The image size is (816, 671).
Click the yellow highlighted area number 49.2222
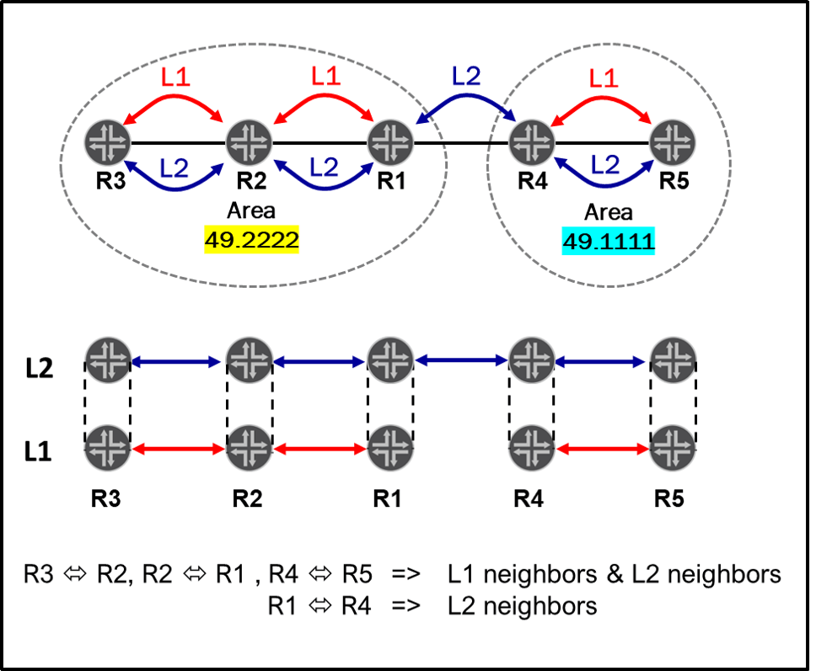point(252,239)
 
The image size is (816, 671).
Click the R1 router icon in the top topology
point(389,141)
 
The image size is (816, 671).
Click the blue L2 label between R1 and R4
point(466,76)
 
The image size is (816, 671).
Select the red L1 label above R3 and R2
point(177,79)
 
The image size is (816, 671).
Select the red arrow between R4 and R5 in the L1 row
point(602,450)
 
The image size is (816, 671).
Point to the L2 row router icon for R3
point(106,358)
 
